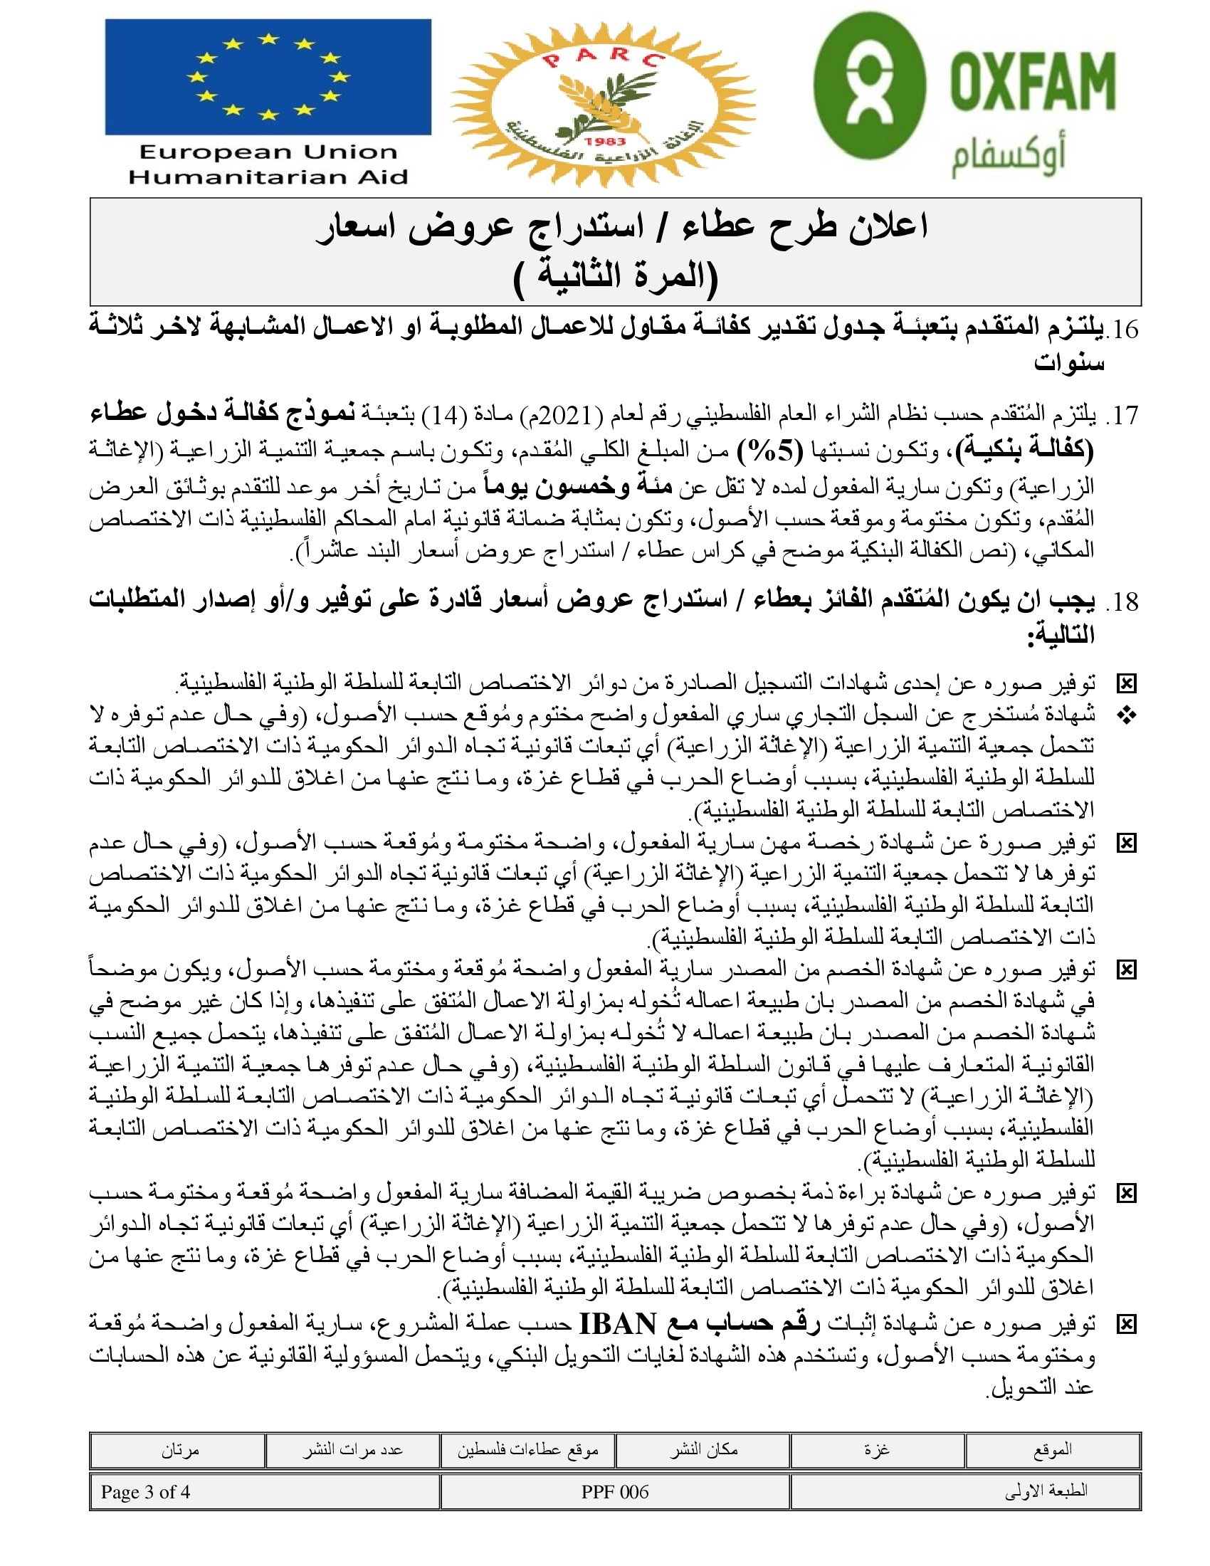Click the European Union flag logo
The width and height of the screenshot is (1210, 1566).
(268, 77)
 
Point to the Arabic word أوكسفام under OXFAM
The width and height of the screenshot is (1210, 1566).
(1008, 158)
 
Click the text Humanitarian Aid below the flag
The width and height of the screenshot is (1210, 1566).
(268, 177)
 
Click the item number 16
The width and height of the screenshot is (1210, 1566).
(1122, 329)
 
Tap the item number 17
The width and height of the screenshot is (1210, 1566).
(1122, 415)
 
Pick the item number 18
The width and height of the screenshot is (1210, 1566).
(1122, 601)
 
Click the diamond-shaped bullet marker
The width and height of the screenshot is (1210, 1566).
(1127, 715)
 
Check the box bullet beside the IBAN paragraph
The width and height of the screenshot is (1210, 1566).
(1127, 1325)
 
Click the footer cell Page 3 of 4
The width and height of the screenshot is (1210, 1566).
(145, 1492)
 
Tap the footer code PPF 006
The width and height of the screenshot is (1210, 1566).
(614, 1492)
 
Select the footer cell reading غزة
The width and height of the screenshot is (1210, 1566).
(877, 1451)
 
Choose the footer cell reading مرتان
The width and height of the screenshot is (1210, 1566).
(179, 1451)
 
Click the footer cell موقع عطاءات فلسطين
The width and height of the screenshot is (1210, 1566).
(527, 1451)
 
